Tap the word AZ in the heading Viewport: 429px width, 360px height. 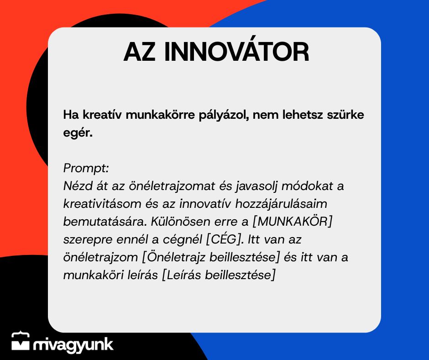pos(140,52)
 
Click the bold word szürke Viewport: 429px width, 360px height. pos(345,115)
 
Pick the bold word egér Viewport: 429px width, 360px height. pos(78,133)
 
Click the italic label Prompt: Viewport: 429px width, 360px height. pos(86,168)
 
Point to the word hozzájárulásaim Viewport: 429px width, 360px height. pos(281,204)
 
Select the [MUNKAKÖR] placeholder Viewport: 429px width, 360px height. pos(292,222)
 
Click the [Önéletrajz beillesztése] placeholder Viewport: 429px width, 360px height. pos(211,257)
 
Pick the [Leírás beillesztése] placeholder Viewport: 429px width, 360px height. pos(219,275)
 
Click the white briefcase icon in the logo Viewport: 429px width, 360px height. pos(21,341)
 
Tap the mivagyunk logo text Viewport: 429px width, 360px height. pos(73,344)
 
